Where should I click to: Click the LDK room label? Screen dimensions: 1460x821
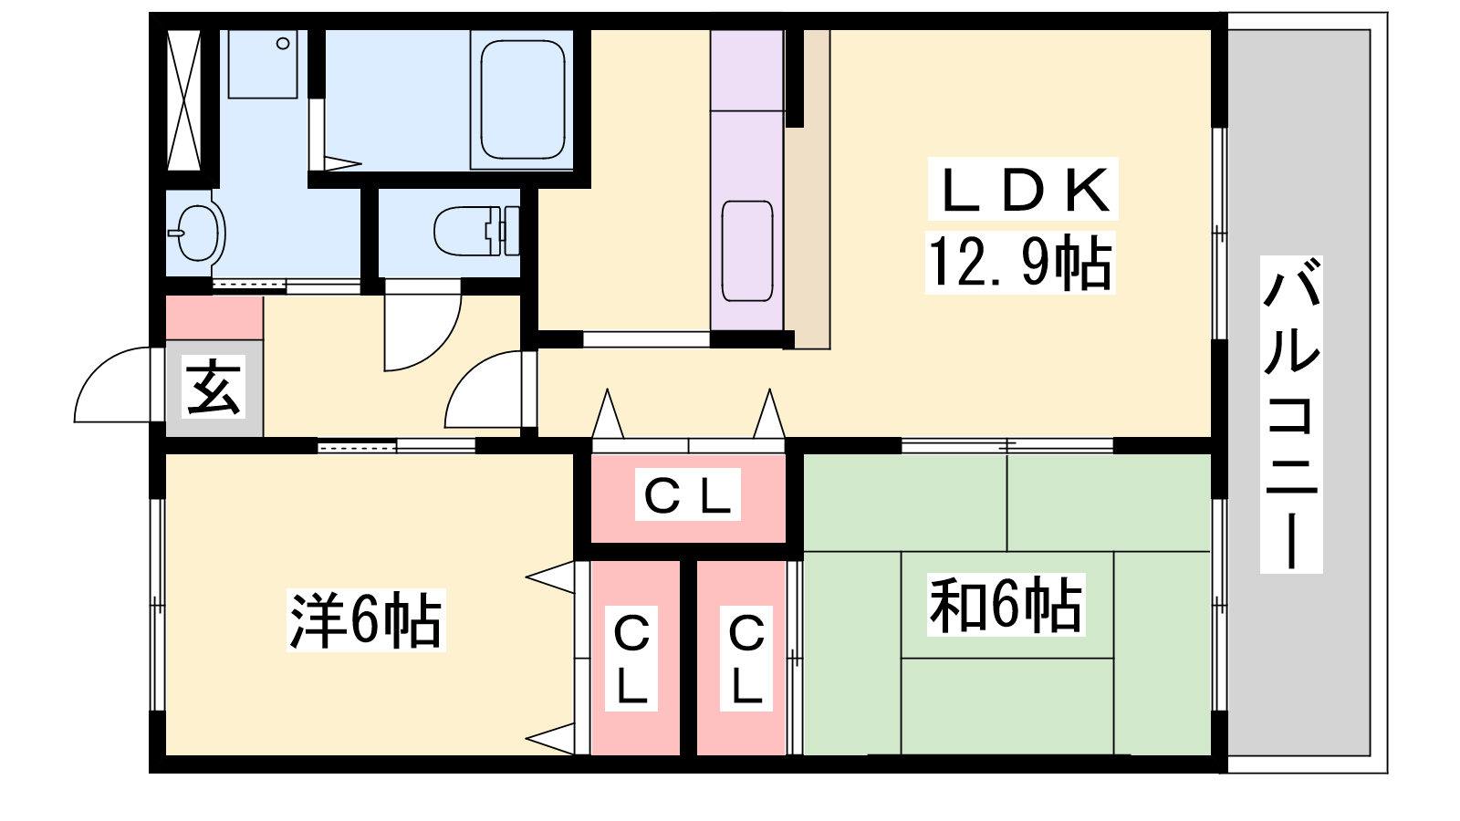click(x=1023, y=190)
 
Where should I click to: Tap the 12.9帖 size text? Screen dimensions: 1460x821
click(x=1020, y=263)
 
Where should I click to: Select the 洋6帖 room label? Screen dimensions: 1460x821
click(x=366, y=620)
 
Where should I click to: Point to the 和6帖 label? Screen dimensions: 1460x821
click(x=1006, y=606)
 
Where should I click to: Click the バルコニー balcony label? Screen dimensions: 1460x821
click(x=1291, y=414)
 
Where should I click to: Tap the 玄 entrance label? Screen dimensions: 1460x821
click(x=214, y=387)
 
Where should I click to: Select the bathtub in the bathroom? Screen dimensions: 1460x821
click(x=523, y=99)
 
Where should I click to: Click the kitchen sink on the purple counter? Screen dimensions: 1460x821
click(x=747, y=251)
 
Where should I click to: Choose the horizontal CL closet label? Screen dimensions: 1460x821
click(x=688, y=495)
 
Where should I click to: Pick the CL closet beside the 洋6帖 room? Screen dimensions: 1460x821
click(x=631, y=659)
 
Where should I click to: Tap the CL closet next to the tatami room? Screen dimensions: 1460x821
click(x=746, y=659)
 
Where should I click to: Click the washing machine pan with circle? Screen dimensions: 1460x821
click(x=264, y=64)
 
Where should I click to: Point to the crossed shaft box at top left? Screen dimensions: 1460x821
click(x=183, y=100)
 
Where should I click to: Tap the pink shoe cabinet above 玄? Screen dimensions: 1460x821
click(x=214, y=318)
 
